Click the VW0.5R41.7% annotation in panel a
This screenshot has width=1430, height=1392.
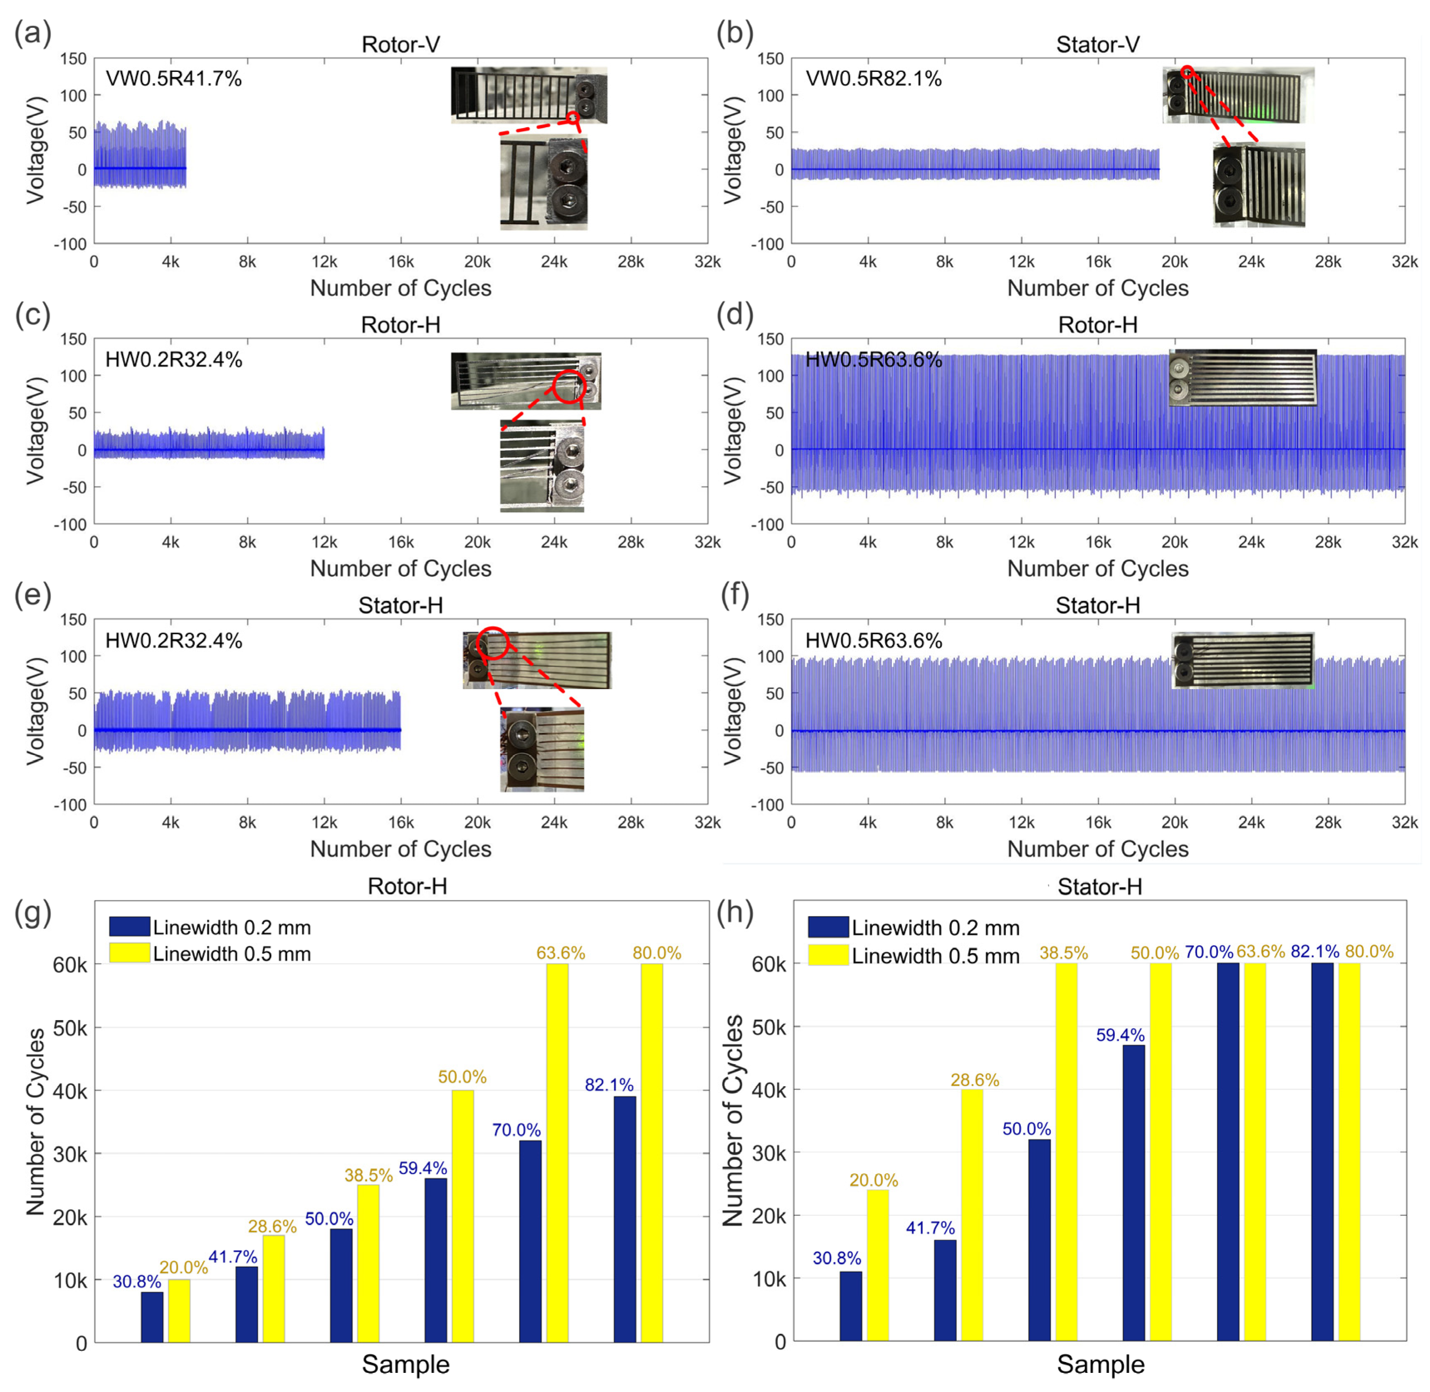pyautogui.click(x=173, y=79)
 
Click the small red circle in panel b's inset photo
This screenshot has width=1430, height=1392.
pyautogui.click(x=1187, y=72)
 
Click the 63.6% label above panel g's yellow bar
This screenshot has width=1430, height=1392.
pyautogui.click(x=560, y=953)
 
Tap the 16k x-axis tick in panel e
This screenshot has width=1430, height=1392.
pyautogui.click(x=400, y=823)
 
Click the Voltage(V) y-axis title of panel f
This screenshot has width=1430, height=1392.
pyautogui.click(x=733, y=711)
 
